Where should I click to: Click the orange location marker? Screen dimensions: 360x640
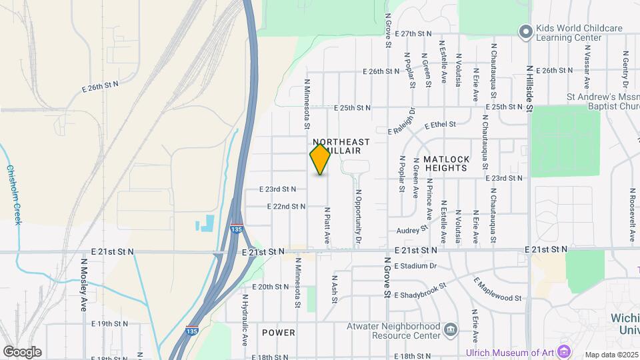(320, 159)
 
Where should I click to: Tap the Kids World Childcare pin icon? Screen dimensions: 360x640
(526, 31)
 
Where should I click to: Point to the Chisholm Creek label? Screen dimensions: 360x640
(14, 195)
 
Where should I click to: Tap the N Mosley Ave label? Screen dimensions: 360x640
(85, 285)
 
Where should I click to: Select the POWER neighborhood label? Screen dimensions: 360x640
(279, 332)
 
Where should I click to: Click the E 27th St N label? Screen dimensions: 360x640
(413, 33)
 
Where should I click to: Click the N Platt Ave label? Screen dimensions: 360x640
(327, 225)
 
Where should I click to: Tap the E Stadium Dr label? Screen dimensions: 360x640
(415, 266)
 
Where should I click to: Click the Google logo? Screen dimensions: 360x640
(22, 351)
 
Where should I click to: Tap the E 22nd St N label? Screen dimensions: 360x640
(287, 207)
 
